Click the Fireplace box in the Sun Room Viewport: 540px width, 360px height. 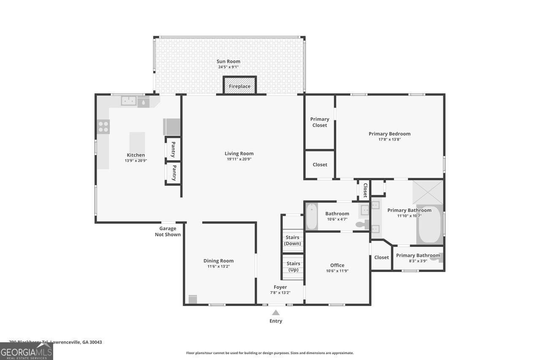click(240, 85)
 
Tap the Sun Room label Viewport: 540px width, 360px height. click(229, 62)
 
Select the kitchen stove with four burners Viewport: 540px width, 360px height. click(103, 126)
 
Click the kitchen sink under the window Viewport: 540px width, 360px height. click(129, 101)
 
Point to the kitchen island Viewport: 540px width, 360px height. click(137, 142)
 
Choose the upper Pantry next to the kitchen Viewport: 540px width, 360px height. click(173, 149)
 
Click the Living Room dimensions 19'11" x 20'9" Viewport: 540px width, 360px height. click(239, 159)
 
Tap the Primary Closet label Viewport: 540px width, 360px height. click(319, 122)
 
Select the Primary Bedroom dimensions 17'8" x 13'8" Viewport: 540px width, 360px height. click(389, 139)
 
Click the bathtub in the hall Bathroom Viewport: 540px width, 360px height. click(311, 217)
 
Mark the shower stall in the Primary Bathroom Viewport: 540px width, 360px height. click(427, 192)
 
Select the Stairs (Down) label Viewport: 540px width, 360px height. click(292, 241)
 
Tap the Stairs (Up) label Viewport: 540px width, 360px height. click(293, 266)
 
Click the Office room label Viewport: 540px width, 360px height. click(337, 265)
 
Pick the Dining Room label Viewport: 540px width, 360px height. click(219, 261)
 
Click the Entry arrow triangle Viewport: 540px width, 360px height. click(275, 313)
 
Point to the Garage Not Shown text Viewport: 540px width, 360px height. click(167, 232)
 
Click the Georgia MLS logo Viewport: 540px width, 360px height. click(26, 351)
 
